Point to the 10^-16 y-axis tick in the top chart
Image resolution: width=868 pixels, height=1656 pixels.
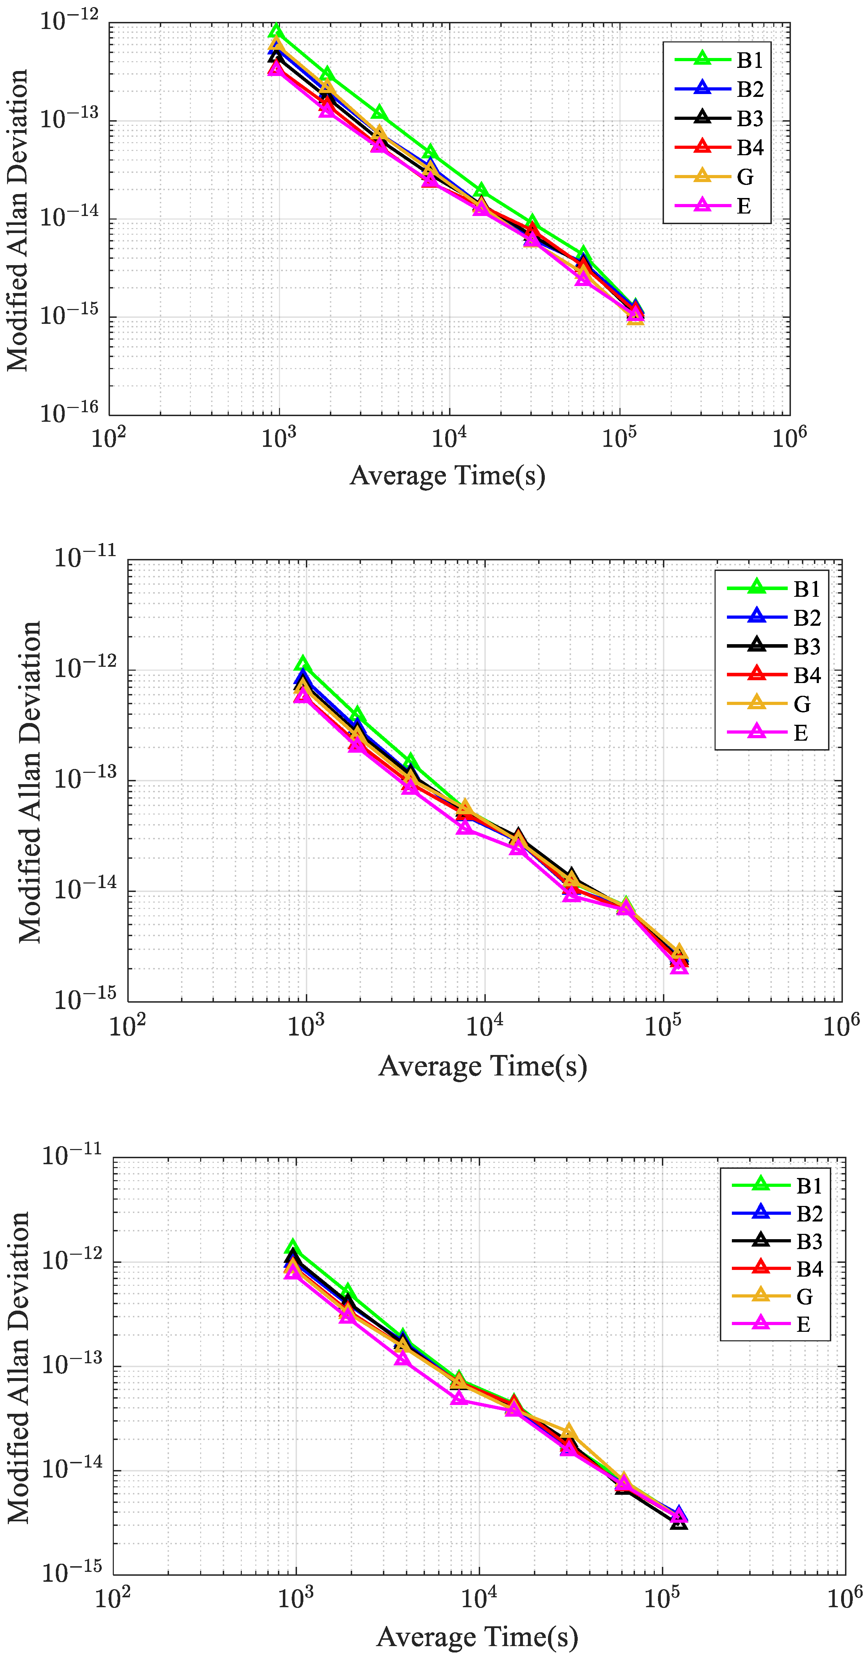pos(69,413)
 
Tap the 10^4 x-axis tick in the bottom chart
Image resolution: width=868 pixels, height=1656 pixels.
pos(479,1598)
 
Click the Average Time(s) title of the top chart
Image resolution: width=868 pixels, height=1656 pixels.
pos(448,476)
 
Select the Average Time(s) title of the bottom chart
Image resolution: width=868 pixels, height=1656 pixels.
pos(477,1636)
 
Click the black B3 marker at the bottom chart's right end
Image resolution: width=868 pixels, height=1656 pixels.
pos(679,1522)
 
